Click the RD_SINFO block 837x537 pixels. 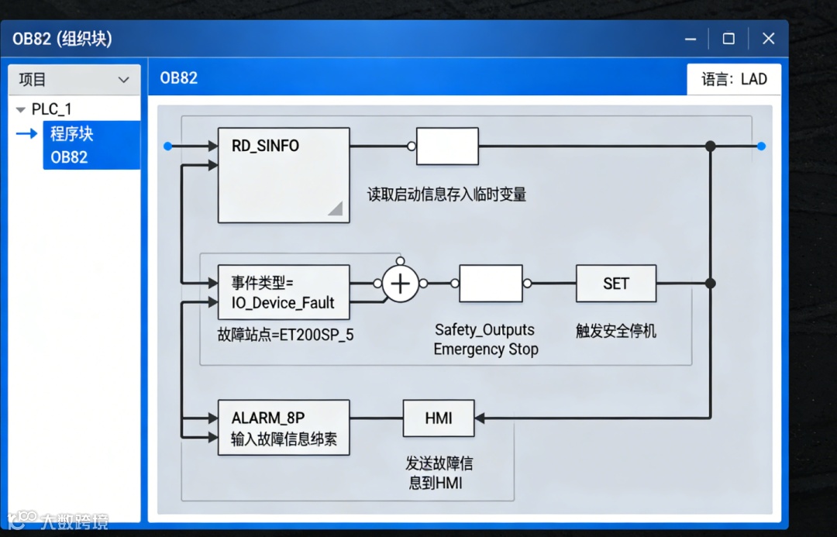coord(283,175)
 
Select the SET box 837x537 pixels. coord(616,284)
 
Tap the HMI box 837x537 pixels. coord(439,418)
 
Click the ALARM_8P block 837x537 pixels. coord(283,428)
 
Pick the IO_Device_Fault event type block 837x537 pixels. coord(283,292)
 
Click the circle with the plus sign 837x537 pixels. coord(400,284)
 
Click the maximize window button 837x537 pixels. coord(728,39)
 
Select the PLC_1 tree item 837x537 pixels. coord(52,109)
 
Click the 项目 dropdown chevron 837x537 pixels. coord(123,80)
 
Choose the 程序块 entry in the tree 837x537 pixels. coord(72,133)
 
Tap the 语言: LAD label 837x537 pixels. coord(734,79)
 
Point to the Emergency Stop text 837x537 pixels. coord(486,349)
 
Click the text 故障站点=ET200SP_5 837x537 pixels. coord(286,336)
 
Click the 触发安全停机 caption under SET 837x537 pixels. coord(616,331)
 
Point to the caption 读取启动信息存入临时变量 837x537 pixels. coord(447,194)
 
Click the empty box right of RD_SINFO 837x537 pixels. coord(447,146)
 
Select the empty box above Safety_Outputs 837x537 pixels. coord(491,284)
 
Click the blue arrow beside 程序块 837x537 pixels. coord(27,134)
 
